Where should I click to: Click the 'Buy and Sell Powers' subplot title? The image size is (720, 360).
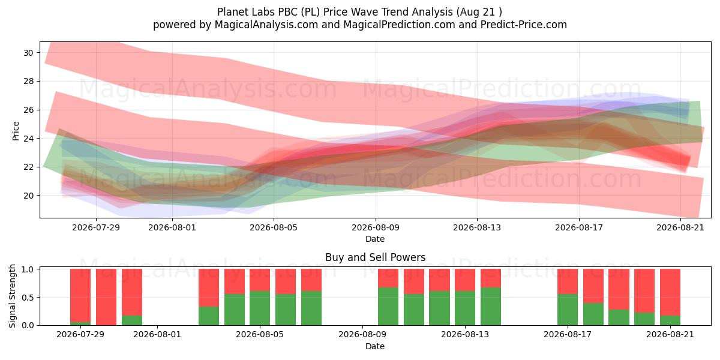pyautogui.click(x=375, y=257)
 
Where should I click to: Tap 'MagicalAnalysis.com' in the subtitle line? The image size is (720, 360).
pyautogui.click(x=266, y=25)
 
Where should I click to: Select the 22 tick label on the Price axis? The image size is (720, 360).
pyautogui.click(x=28, y=167)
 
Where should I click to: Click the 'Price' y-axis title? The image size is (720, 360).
pyautogui.click(x=16, y=131)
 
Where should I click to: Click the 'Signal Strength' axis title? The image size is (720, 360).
pyautogui.click(x=12, y=296)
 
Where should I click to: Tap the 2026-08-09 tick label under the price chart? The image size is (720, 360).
pyautogui.click(x=376, y=227)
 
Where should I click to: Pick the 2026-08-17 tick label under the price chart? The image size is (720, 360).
pyautogui.click(x=579, y=227)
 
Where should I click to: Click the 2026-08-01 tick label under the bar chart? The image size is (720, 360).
pyautogui.click(x=157, y=335)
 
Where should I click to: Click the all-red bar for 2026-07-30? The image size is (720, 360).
pyautogui.click(x=106, y=297)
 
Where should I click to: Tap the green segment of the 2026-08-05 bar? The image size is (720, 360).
pyautogui.click(x=260, y=308)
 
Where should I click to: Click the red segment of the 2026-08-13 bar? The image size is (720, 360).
pyautogui.click(x=465, y=280)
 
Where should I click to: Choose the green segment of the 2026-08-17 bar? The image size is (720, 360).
pyautogui.click(x=568, y=310)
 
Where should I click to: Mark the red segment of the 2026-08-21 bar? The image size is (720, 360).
pyautogui.click(x=670, y=292)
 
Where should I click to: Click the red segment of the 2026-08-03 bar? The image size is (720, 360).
pyautogui.click(x=209, y=287)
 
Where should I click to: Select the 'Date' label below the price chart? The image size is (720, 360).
pyautogui.click(x=375, y=239)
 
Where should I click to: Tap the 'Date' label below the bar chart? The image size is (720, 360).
pyautogui.click(x=375, y=346)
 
